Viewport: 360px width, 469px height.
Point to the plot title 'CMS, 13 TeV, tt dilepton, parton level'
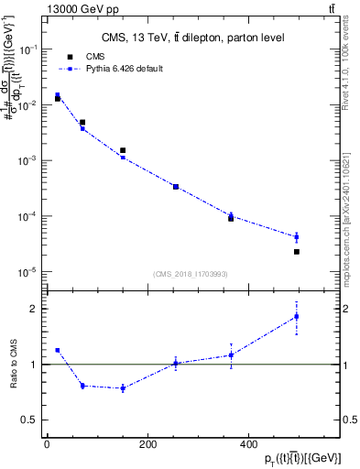tap(191, 38)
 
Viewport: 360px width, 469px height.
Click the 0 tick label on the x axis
tap(48, 444)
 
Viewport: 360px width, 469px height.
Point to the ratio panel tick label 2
tap(35, 309)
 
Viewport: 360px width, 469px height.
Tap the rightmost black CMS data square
tap(297, 251)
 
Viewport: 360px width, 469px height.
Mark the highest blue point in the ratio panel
tap(297, 317)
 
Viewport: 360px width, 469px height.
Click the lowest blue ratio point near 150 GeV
tap(123, 388)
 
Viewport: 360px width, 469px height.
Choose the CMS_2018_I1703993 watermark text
tap(191, 274)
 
